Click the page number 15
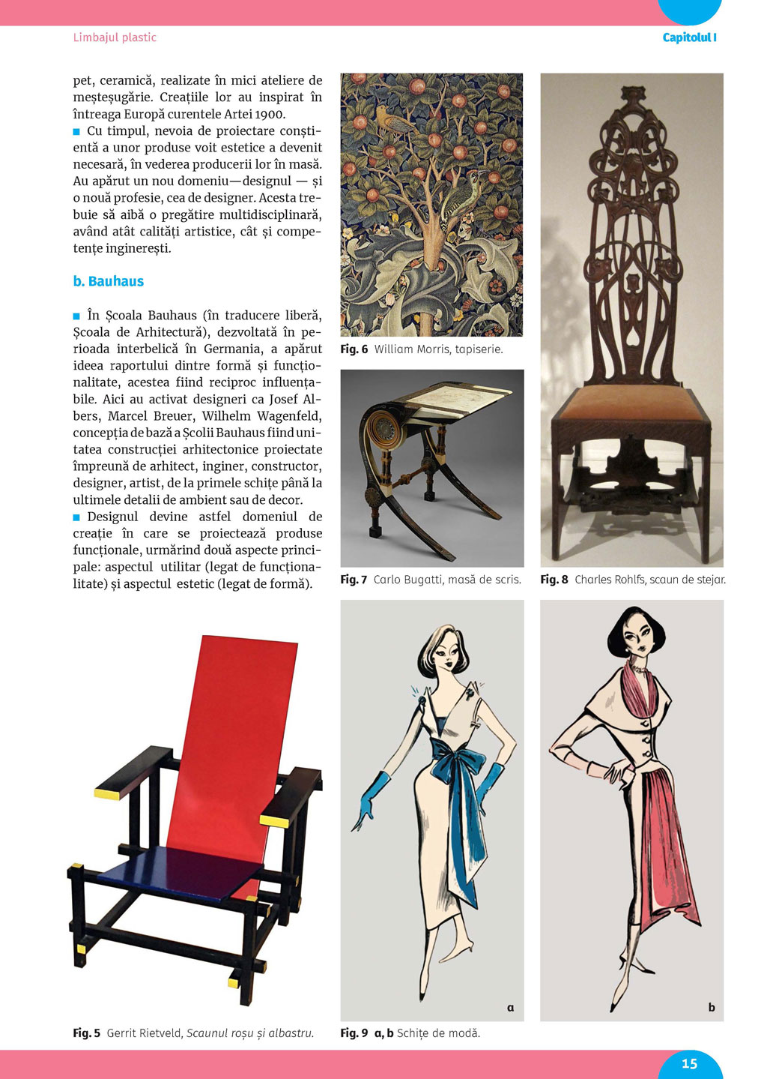point(689,1063)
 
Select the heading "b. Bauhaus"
point(109,281)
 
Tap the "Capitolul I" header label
point(689,37)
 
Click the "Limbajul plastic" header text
point(115,37)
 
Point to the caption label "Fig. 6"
point(354,349)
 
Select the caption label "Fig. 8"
point(554,580)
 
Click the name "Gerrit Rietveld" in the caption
point(145,1033)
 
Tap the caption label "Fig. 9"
point(354,1033)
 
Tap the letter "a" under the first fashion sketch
point(511,1008)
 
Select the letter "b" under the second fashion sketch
point(712,1008)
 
